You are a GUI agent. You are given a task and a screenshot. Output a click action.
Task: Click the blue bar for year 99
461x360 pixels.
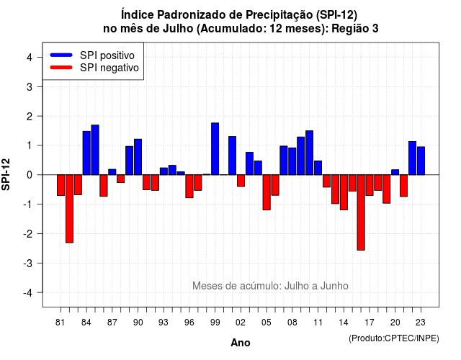215,149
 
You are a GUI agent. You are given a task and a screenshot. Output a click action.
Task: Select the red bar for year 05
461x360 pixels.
267,192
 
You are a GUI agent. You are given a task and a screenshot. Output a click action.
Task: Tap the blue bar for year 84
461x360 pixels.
86,153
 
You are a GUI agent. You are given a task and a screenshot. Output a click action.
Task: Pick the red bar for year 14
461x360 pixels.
344,192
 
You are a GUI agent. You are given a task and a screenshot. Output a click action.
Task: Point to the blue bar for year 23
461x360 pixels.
421,161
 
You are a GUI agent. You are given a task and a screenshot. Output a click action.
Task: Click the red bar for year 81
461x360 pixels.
61,185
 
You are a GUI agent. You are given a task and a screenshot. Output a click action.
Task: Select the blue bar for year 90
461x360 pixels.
138,157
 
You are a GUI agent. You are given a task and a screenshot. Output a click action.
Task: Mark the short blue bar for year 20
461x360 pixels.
395,172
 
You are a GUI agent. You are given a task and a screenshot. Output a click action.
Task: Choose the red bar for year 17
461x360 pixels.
370,185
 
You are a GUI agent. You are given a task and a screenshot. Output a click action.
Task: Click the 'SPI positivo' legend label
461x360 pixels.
107,55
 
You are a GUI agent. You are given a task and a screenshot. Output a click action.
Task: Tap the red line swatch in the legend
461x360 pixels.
61,67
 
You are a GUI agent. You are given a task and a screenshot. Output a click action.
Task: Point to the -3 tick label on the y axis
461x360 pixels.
29,263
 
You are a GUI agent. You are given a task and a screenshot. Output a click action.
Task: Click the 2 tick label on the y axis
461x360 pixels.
30,117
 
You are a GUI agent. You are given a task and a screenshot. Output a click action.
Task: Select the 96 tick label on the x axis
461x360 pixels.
189,323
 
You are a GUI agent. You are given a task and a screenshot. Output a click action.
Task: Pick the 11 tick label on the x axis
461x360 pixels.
318,323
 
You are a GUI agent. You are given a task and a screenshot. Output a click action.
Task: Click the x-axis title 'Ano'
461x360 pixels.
241,343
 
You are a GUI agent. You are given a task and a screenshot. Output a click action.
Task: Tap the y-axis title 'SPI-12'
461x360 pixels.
6,174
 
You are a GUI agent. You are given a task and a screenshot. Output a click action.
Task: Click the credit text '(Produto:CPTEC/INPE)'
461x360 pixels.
394,338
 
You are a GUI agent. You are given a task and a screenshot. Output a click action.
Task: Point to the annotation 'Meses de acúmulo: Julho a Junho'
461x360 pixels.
270,286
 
